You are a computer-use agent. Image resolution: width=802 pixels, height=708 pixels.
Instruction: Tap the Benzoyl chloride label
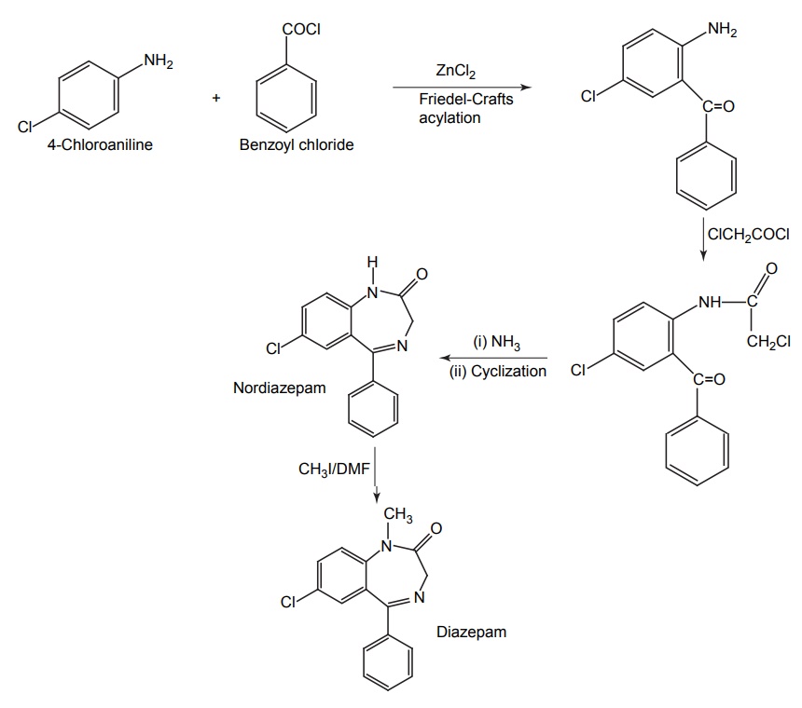297,145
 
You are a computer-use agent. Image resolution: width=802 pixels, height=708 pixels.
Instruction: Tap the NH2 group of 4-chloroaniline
159,62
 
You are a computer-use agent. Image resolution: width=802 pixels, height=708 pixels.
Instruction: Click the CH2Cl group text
768,341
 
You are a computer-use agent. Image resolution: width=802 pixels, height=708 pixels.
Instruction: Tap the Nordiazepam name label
280,388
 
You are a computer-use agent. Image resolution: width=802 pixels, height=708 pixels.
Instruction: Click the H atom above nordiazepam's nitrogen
372,263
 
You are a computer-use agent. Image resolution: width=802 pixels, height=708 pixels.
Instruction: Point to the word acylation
449,117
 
